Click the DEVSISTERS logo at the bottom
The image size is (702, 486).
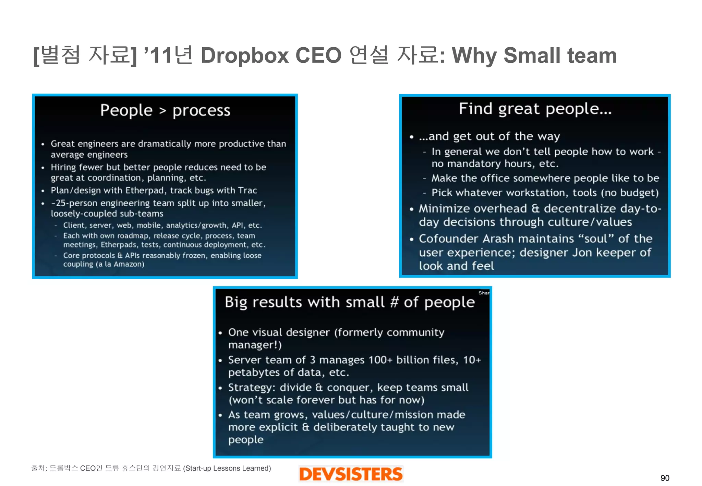pos(351,474)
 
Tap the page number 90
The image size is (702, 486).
pos(665,478)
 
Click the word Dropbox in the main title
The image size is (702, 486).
pos(245,56)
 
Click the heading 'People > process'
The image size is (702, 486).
pos(165,110)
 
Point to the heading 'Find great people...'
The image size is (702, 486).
pos(535,109)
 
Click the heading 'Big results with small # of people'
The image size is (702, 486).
pos(350,302)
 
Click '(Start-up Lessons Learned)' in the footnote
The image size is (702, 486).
pos(227,468)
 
